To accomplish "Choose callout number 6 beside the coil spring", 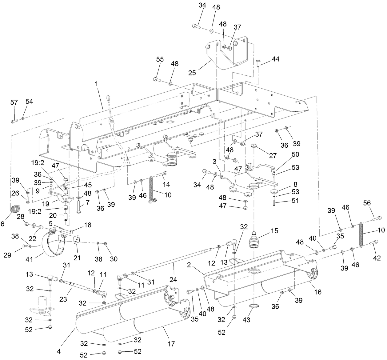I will [x=3, y=224].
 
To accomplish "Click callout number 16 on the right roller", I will [x=317, y=291].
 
